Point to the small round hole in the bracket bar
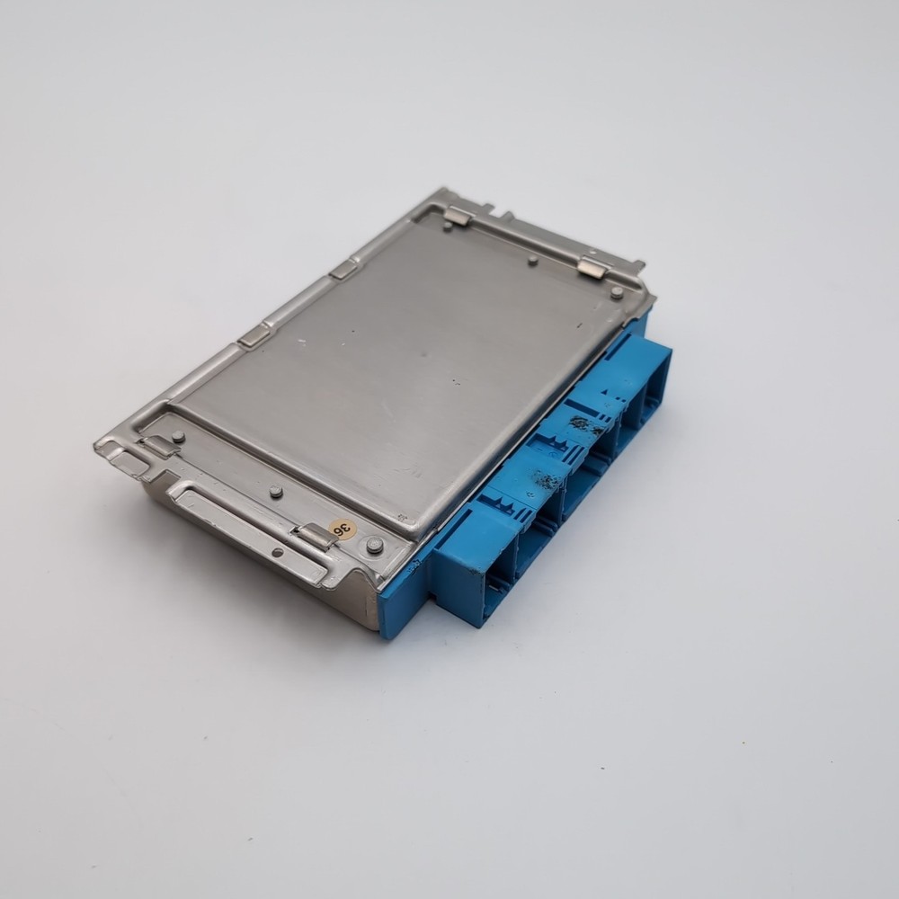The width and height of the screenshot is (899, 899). tap(278, 552)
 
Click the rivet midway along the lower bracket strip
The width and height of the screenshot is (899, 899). tap(276, 492)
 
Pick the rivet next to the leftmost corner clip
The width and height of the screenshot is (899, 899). tap(178, 437)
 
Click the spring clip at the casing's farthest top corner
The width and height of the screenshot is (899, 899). tap(458, 215)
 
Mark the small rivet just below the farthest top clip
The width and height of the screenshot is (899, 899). tap(448, 227)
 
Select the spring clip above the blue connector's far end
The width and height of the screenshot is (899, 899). tap(593, 267)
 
